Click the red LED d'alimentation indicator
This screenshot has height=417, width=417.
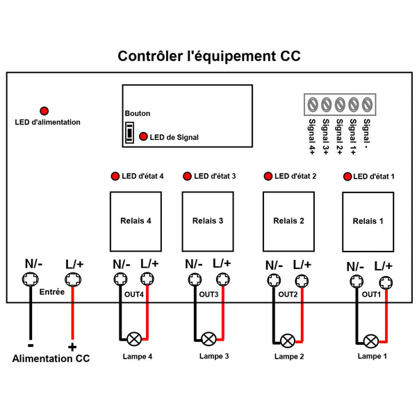pos(44,111)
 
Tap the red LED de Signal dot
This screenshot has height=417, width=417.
pos(143,136)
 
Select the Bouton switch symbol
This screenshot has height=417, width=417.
pos(129,133)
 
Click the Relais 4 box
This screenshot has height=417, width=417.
pos(136,221)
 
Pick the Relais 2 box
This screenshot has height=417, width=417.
pos(288,221)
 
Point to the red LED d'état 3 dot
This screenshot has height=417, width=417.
pos(187,176)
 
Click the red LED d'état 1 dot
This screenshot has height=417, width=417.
pos(347,177)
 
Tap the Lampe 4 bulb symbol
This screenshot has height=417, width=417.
pos(134,339)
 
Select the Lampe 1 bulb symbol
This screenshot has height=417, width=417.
pos(370,341)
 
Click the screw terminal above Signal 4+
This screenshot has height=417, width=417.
pos(313,104)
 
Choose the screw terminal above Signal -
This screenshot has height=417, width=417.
pos(367,104)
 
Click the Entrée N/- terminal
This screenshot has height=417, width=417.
pos(30,279)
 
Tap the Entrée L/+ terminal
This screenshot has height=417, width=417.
pos(73,279)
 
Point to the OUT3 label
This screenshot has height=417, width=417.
pos(208,295)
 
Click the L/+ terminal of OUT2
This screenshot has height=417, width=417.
pos(302,281)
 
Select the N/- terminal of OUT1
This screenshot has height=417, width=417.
pos(357,281)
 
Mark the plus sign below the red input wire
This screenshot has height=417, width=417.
pos(72,347)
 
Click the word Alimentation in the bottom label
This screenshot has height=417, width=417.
pos(42,359)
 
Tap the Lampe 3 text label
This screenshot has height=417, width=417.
pos(214,356)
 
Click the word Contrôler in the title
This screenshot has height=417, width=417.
pos(151,56)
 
